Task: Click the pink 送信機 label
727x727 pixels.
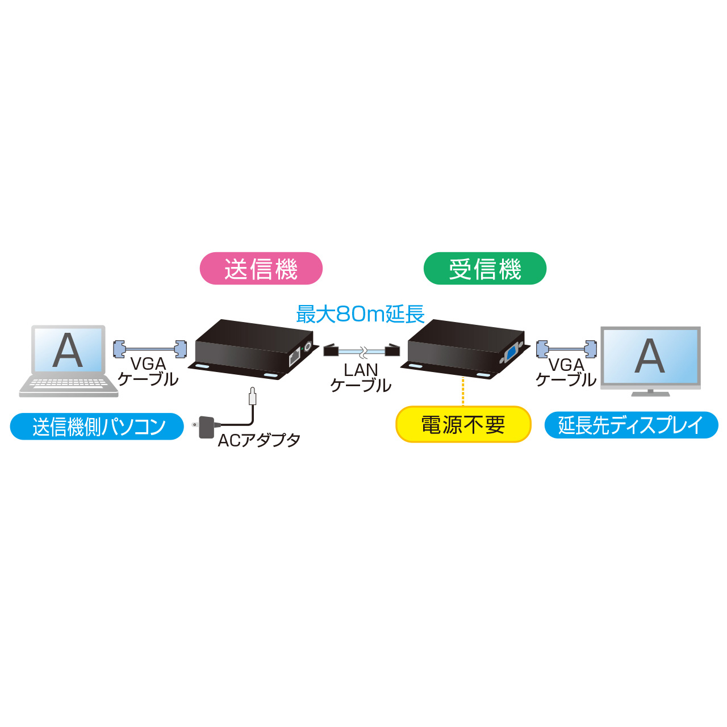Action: tap(261, 268)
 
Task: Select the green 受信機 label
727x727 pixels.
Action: tap(485, 268)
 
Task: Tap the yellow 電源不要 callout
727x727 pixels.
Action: tap(463, 424)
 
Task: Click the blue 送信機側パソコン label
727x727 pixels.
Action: tap(97, 427)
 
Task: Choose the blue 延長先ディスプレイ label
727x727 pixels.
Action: tap(631, 425)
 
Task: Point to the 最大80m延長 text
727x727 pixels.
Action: tap(361, 314)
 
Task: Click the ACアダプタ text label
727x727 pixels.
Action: tap(259, 440)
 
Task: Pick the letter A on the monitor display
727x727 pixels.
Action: tap(650, 356)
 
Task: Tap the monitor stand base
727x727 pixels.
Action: tap(650, 394)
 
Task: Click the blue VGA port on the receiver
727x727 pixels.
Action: tap(512, 354)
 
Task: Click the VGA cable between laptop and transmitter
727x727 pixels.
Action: tap(150, 349)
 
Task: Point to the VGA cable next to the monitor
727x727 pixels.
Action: tap(566, 349)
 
